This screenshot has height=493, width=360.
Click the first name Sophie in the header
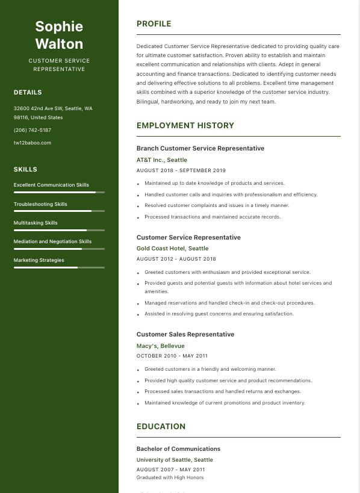59,26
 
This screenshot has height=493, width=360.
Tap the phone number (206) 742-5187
33,130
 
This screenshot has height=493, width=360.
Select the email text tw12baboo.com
33,143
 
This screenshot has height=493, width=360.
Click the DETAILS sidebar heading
28,93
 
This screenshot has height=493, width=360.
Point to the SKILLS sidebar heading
25,170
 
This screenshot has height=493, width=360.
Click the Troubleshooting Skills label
40,204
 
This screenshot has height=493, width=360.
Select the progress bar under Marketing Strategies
59,267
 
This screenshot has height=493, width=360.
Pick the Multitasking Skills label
36,223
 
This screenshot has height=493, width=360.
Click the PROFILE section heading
154,24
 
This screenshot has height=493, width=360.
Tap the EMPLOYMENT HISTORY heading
185,126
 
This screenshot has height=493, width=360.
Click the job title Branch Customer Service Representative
200,148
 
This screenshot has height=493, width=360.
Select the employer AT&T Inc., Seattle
162,160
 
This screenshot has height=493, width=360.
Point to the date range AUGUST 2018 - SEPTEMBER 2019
181,171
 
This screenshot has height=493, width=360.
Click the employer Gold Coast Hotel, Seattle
173,248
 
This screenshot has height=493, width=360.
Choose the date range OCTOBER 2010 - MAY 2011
172,356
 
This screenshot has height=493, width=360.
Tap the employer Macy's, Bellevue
161,346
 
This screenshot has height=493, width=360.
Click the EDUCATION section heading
161,426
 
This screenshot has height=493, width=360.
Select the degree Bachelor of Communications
178,448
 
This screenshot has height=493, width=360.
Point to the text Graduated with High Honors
170,477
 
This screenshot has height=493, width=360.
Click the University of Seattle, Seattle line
175,460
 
